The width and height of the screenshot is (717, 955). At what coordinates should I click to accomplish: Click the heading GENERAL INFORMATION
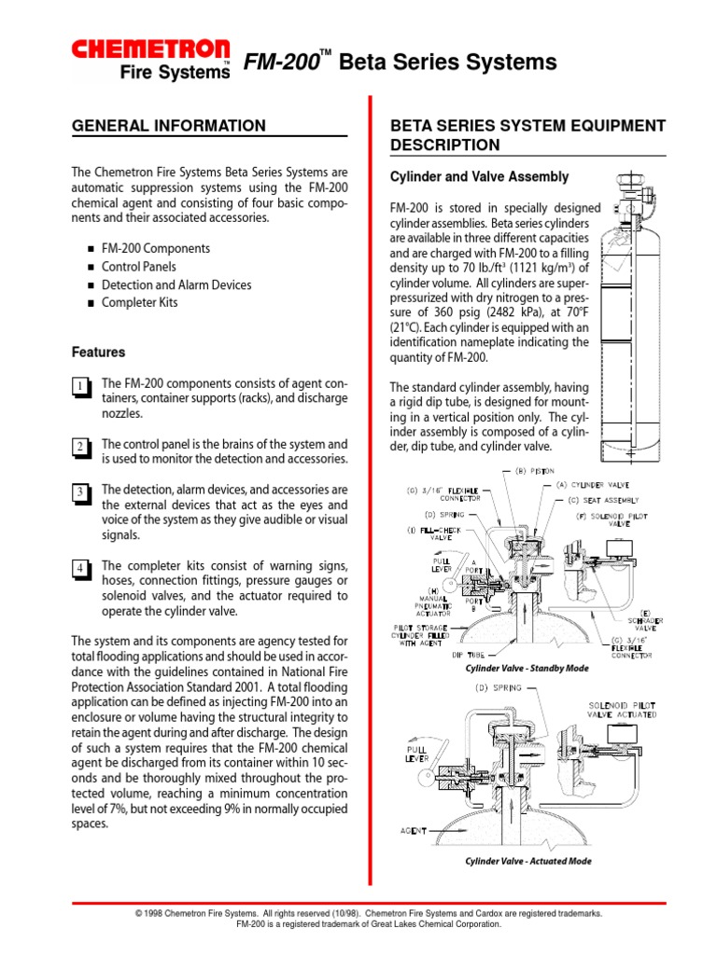coord(169,126)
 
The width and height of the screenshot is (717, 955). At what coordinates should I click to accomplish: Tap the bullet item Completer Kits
coord(139,302)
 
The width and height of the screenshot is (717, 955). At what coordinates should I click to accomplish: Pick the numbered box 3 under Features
coord(81,492)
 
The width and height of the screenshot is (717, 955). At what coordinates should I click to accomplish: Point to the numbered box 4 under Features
coord(81,568)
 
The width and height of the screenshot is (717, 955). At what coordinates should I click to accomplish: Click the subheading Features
coord(98,353)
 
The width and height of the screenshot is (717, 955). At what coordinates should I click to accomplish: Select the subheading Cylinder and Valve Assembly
coord(479,176)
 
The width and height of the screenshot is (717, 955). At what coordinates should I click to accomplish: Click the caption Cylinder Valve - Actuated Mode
coord(528,861)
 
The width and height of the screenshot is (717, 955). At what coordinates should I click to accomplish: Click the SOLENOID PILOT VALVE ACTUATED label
coord(621,710)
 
